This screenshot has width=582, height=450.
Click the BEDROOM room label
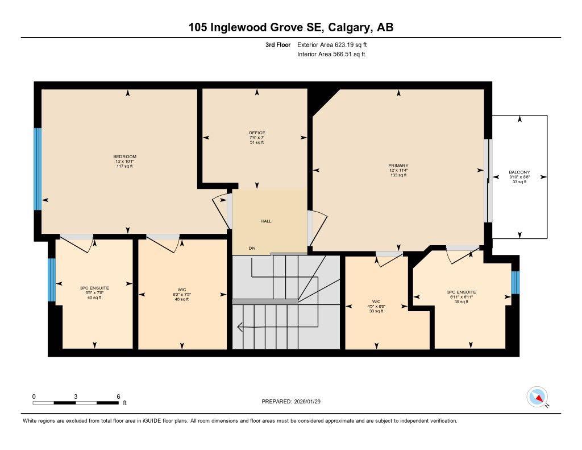[x=124, y=156]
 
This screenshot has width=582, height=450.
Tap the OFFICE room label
[x=256, y=133]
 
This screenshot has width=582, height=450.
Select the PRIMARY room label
[x=398, y=166]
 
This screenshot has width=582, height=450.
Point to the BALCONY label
[x=519, y=172]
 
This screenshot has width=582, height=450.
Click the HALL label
[x=266, y=221]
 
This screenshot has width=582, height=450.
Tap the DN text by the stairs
[x=252, y=248]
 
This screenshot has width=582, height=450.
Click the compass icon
[x=537, y=397]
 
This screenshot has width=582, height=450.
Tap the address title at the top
[x=291, y=27]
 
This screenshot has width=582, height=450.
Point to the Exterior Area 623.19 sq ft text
[x=336, y=44]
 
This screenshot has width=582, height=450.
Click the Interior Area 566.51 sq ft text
[x=331, y=55]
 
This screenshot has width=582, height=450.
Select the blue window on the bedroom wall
[x=38, y=169]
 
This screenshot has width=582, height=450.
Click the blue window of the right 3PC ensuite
[x=515, y=282]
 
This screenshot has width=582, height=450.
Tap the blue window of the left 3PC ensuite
[x=51, y=280]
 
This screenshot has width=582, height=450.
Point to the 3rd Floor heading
[x=278, y=44]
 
